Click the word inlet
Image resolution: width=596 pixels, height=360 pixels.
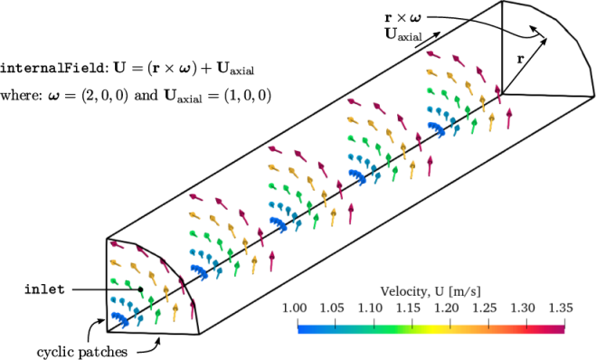pyautogui.click(x=44, y=289)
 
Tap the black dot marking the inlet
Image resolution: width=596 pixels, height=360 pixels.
pyautogui.click(x=141, y=289)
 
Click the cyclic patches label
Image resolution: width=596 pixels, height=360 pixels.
pyautogui.click(x=82, y=352)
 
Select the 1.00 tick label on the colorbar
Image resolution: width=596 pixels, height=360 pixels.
pyautogui.click(x=294, y=308)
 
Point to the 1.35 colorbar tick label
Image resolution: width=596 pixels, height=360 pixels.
pyautogui.click(x=561, y=308)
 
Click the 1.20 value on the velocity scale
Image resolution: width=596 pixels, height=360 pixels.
pyautogui.click(x=447, y=308)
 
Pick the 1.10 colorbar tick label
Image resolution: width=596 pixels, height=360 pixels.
pyautogui.click(x=370, y=308)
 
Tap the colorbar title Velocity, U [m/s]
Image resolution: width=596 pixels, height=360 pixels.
pyautogui.click(x=430, y=291)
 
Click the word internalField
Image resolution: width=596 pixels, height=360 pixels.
pyautogui.click(x=52, y=69)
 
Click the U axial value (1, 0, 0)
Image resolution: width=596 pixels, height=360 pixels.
pyautogui.click(x=248, y=95)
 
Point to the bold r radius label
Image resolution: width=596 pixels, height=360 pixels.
pyautogui.click(x=520, y=59)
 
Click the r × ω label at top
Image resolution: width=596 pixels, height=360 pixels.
pyautogui.click(x=402, y=17)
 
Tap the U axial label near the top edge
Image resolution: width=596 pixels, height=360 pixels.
pyautogui.click(x=403, y=34)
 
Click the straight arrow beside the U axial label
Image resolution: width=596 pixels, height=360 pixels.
pyautogui.click(x=428, y=40)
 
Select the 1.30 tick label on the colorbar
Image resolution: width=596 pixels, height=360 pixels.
pyautogui.click(x=523, y=308)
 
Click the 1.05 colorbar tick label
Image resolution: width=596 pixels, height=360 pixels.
pyautogui.click(x=332, y=308)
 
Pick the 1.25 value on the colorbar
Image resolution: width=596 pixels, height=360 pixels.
pyautogui.click(x=485, y=308)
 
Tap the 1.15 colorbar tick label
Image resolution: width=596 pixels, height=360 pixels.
pyautogui.click(x=408, y=308)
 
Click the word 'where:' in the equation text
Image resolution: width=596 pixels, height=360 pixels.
pyautogui.click(x=21, y=95)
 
